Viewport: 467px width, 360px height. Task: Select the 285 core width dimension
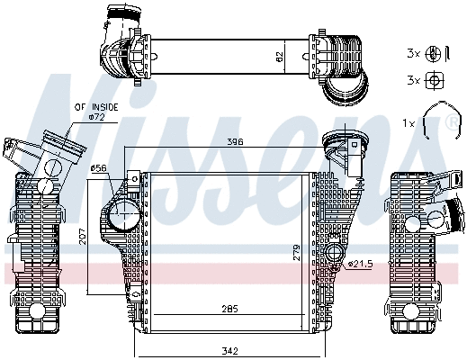[x=229, y=310]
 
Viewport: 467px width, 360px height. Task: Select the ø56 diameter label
[x=99, y=167]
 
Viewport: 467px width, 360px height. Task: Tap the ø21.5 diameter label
[x=360, y=264]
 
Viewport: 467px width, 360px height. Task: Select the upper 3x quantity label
[x=413, y=52]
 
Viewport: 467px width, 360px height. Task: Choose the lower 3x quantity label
[x=413, y=80]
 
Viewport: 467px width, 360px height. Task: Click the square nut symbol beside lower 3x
[x=434, y=80]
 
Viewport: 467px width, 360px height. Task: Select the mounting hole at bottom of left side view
[x=37, y=311]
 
